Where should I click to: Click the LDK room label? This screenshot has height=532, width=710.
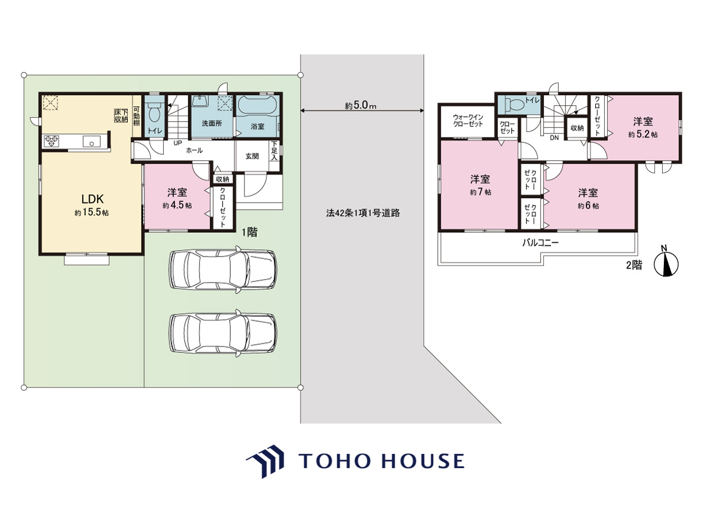[x=92, y=199]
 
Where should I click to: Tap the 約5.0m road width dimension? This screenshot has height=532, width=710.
[x=360, y=106]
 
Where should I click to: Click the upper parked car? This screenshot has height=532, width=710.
[x=223, y=270]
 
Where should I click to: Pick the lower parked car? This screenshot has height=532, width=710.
[x=223, y=333]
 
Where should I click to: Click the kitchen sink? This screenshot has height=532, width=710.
[x=92, y=141]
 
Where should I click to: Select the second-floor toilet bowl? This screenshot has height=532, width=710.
[x=515, y=104]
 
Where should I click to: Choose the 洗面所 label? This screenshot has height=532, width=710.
[x=212, y=124]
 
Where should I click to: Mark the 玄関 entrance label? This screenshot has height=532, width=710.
[x=252, y=156]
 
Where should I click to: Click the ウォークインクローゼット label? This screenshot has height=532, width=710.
[x=468, y=120]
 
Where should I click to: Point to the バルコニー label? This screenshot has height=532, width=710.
[x=540, y=242]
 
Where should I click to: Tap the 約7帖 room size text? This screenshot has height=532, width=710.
[x=480, y=192]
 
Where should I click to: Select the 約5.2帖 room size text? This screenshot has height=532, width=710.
[x=643, y=134]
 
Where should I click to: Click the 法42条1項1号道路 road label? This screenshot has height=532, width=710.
[x=363, y=213]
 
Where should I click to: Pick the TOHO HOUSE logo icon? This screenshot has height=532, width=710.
[x=265, y=461]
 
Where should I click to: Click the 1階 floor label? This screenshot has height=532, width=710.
[x=250, y=232]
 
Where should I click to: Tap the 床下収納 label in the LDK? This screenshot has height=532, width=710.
[x=121, y=116]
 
